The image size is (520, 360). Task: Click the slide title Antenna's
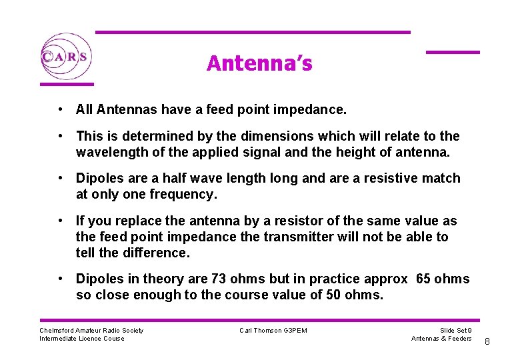tap(259, 63)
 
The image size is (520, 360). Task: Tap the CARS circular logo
tap(65, 57)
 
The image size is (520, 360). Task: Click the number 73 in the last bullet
tap(219, 279)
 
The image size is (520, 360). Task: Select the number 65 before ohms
tap(424, 279)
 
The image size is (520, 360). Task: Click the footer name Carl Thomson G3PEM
tap(273, 331)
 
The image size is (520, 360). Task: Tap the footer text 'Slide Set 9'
tap(456, 331)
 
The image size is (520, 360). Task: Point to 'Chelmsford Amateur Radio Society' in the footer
tap(91, 331)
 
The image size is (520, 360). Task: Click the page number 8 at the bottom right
tap(487, 342)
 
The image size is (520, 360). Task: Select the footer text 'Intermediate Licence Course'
tap(82, 339)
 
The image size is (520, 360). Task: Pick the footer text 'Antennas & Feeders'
tap(441, 339)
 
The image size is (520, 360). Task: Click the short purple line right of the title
tap(453, 52)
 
